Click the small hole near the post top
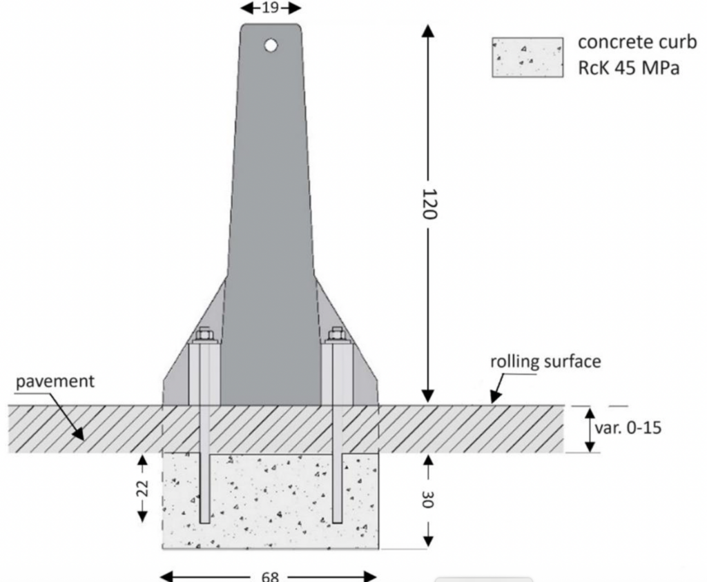point(271,46)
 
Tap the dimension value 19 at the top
point(271,8)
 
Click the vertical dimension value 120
point(428,204)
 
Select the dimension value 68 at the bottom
point(270,576)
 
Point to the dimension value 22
point(142,488)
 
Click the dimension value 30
point(428,499)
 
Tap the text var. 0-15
point(628,428)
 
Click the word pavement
point(55,381)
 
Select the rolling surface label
point(545,361)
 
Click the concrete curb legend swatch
point(527,57)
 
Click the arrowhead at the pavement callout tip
point(81,435)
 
